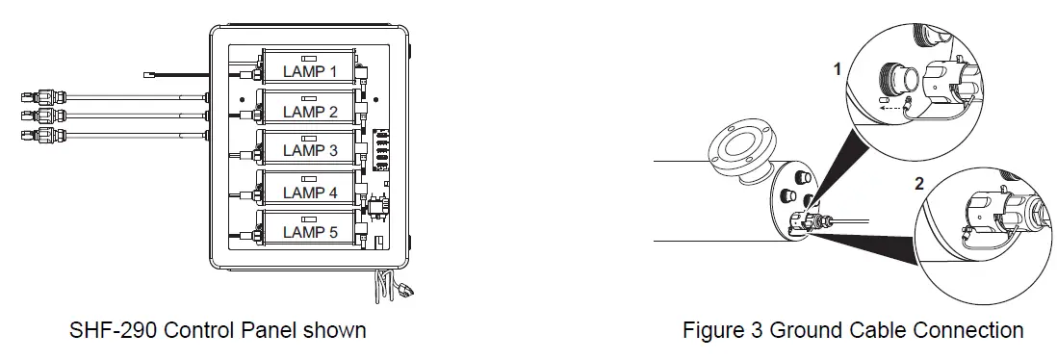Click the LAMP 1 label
310,70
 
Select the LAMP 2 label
310,112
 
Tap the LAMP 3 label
310,150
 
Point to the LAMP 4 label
310,193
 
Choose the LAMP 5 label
310,232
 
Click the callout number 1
838,69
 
